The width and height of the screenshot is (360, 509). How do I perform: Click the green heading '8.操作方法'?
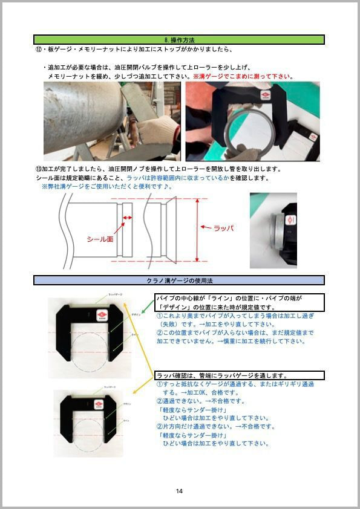[179, 39]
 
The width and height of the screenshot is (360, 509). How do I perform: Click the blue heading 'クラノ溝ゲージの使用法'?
[179, 280]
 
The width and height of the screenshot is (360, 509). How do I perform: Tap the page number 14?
[179, 491]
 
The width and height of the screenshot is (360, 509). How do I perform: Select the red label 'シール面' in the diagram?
[100, 239]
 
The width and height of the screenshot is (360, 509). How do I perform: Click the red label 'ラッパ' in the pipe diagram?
[224, 228]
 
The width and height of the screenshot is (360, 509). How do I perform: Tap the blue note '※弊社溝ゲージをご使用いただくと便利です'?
[106, 187]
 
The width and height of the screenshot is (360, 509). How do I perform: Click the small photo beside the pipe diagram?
[273, 230]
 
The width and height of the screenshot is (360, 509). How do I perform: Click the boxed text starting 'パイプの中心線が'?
[240, 302]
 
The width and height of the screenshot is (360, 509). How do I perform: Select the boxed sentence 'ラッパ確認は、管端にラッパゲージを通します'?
[240, 375]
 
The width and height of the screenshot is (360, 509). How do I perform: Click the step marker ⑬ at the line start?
[39, 169]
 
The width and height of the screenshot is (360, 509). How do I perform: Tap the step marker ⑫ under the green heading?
[39, 50]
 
